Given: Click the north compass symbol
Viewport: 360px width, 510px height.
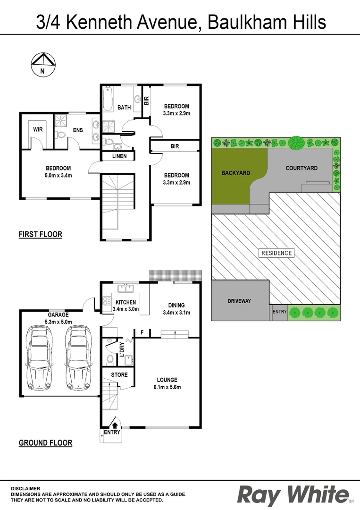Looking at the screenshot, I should tap(42, 65).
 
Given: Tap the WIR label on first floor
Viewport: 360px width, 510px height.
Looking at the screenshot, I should tap(38, 129).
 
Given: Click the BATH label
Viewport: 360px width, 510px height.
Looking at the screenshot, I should tap(124, 108).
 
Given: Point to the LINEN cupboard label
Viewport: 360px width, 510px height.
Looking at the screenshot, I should tap(119, 156).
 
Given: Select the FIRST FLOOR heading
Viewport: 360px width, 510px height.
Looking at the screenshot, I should tap(41, 234).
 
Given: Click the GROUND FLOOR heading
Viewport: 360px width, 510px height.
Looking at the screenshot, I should tap(45, 443).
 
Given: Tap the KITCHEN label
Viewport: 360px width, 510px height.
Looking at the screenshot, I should tap(126, 302).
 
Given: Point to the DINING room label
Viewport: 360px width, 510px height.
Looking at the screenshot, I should tap(174, 306).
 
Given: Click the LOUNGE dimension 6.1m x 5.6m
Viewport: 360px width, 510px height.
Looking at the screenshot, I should tap(167, 387).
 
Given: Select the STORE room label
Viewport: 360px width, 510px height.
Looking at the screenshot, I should tap(119, 375).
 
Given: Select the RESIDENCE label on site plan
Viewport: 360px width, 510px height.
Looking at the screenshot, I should tap(276, 253).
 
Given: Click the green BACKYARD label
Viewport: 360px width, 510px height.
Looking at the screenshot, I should tap(235, 173).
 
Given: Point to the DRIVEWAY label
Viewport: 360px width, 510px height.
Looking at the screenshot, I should tap(239, 301).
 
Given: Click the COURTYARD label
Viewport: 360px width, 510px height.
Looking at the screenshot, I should tap(301, 168).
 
